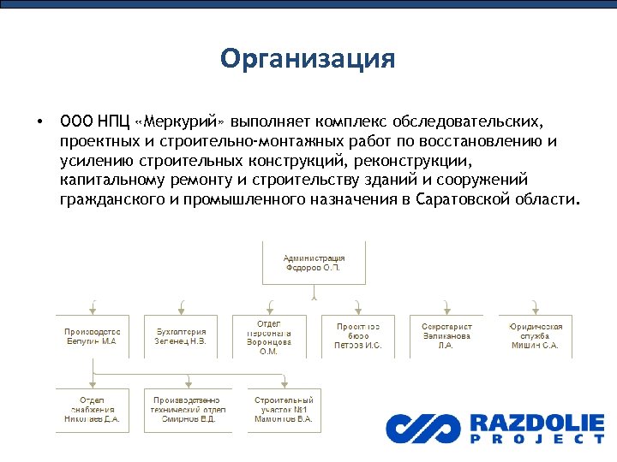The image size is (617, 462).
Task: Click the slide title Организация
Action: click(x=308, y=59)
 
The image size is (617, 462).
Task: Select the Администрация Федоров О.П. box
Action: click(x=314, y=262)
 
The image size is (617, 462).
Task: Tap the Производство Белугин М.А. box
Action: click(x=92, y=335)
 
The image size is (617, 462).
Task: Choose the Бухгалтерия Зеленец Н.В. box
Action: click(x=181, y=335)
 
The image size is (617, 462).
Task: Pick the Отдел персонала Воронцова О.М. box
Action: click(x=269, y=335)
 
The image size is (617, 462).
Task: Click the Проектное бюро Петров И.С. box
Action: click(x=357, y=335)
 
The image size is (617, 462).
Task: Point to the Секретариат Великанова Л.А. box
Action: click(x=446, y=335)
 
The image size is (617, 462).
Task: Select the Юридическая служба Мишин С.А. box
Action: click(x=536, y=335)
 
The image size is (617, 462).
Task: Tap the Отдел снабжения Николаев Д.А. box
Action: click(x=92, y=410)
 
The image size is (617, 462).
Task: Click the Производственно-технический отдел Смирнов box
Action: click(x=190, y=410)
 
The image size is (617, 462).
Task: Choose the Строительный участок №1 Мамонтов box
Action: click(x=284, y=410)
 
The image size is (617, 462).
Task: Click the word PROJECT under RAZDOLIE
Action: click(x=536, y=439)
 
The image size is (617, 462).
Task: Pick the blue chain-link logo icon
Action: click(x=422, y=428)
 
